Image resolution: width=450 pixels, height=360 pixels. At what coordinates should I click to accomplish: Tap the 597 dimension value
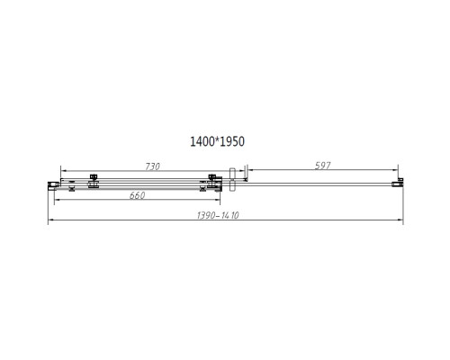322,166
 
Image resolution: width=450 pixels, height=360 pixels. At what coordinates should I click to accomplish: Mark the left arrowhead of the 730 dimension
63,170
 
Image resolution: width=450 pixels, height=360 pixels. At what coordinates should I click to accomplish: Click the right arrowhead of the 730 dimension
217,170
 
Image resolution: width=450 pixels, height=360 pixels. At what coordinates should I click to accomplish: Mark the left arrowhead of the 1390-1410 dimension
51,221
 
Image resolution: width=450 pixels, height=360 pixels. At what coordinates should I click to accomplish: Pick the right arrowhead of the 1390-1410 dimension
400,221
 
